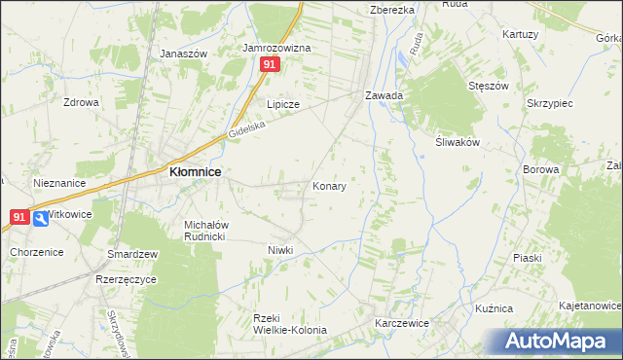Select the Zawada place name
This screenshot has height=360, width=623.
385,96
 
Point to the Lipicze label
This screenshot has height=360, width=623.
283,104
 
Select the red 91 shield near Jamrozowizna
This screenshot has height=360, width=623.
271,64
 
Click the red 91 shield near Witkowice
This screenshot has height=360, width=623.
18,217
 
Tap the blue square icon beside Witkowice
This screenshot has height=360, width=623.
40,219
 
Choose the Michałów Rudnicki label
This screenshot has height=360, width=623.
205,230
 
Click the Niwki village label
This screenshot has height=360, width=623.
280,250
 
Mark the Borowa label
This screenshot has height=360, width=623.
568,169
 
